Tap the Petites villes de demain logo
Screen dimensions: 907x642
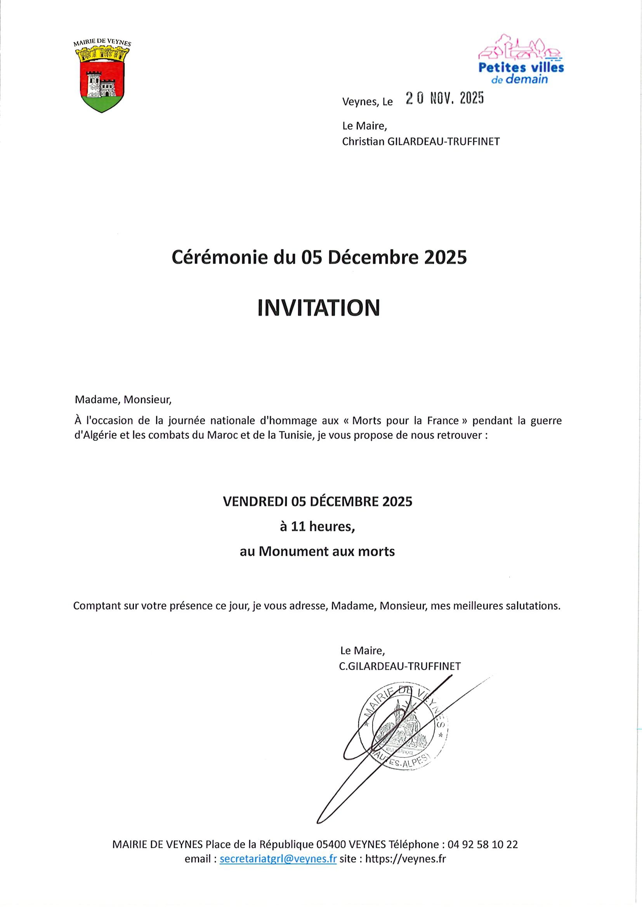(x=521, y=60)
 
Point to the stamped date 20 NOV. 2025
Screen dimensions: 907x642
(x=445, y=98)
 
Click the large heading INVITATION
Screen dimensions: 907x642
(x=319, y=308)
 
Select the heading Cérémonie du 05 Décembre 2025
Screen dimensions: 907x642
(x=319, y=258)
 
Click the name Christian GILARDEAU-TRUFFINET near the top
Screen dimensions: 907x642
(x=421, y=142)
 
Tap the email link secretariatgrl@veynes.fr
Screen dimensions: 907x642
(x=278, y=859)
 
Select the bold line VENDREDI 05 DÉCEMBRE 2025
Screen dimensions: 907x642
(x=318, y=501)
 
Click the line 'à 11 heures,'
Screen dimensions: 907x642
(x=317, y=527)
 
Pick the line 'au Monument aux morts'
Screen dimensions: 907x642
(x=317, y=551)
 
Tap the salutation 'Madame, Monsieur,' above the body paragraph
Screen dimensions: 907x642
(x=123, y=400)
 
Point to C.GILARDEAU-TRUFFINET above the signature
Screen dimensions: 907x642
(x=400, y=667)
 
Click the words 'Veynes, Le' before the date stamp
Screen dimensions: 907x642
(x=367, y=102)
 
